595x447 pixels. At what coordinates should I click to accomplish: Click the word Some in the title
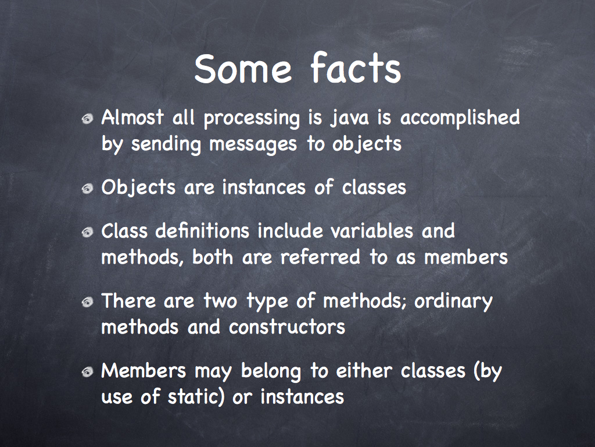click(x=243, y=69)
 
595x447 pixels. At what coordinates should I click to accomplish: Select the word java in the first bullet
click(x=349, y=118)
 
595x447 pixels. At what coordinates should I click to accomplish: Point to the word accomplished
click(x=460, y=118)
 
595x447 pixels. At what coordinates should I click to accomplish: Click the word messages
click(x=253, y=144)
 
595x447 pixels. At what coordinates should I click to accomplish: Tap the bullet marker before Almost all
click(x=88, y=119)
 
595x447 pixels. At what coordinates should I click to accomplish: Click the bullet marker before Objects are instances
click(x=88, y=189)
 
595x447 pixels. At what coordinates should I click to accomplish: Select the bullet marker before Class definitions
click(x=88, y=232)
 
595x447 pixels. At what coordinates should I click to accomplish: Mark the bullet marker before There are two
click(x=88, y=302)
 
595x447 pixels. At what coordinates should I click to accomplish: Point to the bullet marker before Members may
click(x=88, y=372)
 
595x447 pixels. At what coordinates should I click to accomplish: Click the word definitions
click(x=202, y=230)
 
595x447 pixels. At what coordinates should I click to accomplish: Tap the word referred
click(x=320, y=257)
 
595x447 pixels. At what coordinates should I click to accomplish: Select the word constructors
click(x=287, y=327)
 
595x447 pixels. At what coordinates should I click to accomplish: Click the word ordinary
click(x=453, y=302)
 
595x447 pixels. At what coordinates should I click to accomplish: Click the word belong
click(x=271, y=372)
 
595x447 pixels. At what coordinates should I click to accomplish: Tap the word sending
click(x=166, y=144)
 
